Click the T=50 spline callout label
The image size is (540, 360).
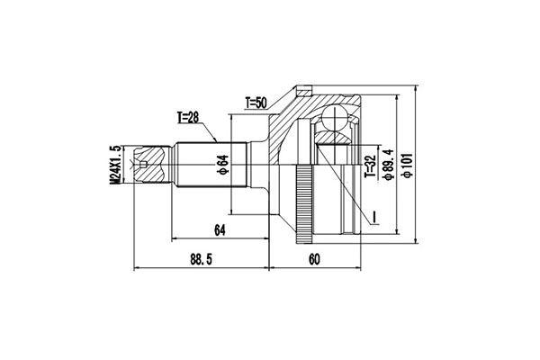[x=256, y=103]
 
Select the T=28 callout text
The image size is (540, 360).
[x=188, y=118]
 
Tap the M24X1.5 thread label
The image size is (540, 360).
[x=116, y=165]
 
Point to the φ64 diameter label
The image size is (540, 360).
[x=224, y=165]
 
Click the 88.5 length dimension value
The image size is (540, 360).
[x=201, y=259]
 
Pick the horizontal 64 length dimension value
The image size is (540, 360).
[x=220, y=230]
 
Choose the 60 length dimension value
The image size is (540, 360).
[x=314, y=259]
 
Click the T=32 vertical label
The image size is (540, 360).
[x=370, y=166]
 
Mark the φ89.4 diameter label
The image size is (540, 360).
[x=389, y=165]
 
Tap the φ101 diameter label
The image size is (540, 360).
[x=408, y=165]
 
